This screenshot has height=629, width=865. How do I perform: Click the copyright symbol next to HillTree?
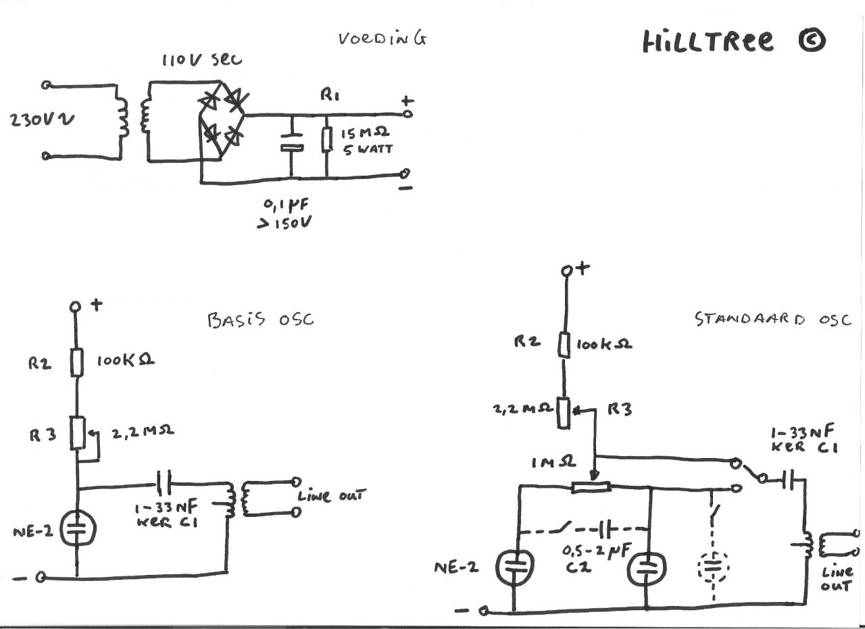[812, 41]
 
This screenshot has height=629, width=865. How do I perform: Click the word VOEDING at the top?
[382, 39]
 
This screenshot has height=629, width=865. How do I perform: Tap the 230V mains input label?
[43, 120]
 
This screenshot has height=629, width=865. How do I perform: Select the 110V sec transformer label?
[202, 60]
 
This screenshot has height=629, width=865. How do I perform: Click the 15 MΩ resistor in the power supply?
[326, 139]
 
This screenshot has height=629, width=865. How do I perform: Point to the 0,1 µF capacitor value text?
[286, 205]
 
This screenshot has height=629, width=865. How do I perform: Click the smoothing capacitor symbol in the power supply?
[292, 142]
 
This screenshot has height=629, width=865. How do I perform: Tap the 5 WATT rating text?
[368, 149]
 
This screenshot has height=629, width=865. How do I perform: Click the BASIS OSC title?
[261, 320]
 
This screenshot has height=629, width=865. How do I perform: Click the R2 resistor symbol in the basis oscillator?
[76, 362]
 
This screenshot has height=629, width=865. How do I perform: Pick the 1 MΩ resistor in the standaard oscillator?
[591, 488]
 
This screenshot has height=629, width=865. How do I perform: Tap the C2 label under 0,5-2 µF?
[578, 568]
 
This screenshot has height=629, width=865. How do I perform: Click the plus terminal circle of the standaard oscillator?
[566, 271]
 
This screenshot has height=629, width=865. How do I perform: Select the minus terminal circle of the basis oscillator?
[41, 578]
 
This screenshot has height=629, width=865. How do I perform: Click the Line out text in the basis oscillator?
[331, 495]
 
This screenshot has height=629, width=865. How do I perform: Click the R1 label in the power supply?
[330, 95]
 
